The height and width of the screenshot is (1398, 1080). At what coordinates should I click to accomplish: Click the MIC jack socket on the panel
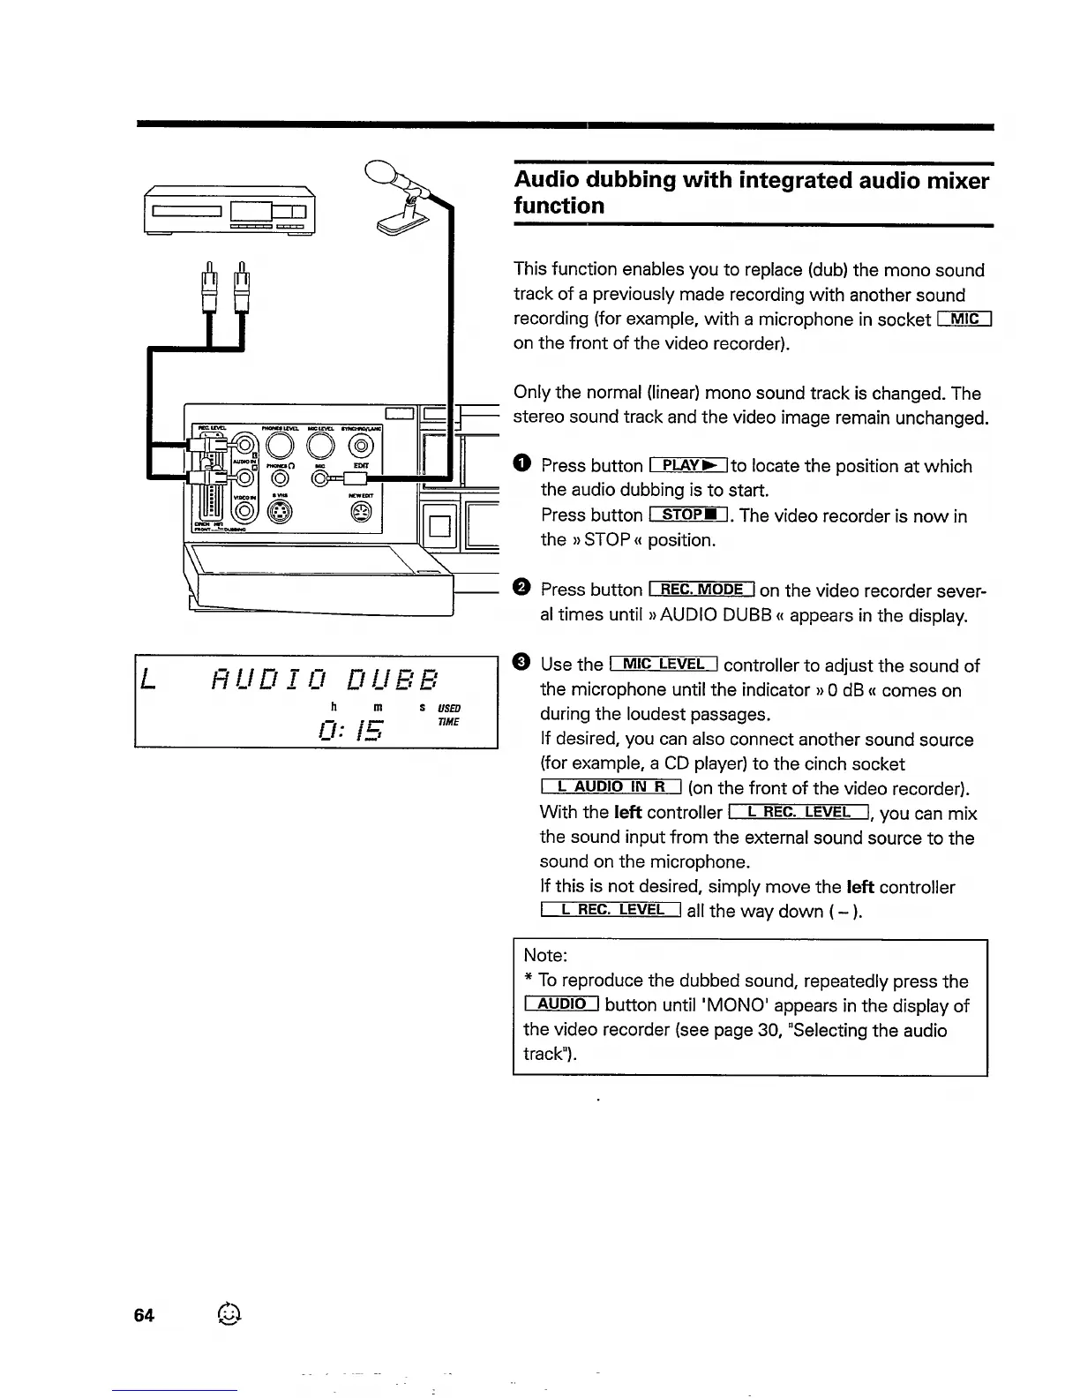319,478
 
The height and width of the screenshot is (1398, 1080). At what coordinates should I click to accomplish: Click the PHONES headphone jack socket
281,478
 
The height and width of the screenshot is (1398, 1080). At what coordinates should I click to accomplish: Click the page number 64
144,1315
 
